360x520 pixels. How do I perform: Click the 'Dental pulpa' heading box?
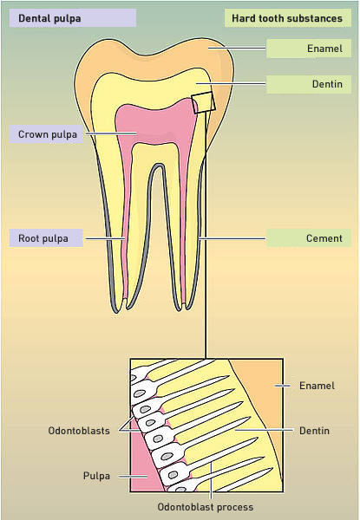(72, 18)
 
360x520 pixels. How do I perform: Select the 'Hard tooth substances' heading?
(287, 18)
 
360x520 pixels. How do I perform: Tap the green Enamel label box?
(309, 49)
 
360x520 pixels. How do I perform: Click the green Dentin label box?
(309, 84)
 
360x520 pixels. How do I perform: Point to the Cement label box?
(309, 238)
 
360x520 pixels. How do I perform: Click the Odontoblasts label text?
(79, 431)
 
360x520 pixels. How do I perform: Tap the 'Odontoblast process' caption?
(205, 507)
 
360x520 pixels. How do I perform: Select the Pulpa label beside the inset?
(96, 476)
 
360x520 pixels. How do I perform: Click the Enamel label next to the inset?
(317, 386)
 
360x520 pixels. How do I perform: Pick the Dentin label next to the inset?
(314, 431)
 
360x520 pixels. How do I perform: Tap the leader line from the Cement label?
(232, 238)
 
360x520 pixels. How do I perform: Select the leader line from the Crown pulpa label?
(111, 133)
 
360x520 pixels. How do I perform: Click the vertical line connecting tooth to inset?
(206, 235)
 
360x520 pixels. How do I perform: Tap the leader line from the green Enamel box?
(237, 48)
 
